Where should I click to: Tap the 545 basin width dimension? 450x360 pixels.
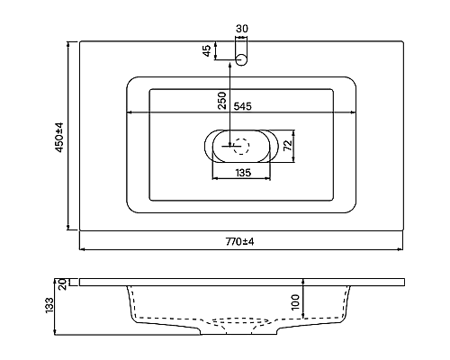[242, 105]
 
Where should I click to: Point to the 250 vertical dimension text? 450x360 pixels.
[221, 100]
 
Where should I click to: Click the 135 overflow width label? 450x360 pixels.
[241, 172]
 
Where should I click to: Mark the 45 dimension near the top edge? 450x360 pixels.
[206, 51]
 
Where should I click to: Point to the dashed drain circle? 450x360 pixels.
[240, 142]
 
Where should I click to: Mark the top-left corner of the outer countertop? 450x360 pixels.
[80, 40]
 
